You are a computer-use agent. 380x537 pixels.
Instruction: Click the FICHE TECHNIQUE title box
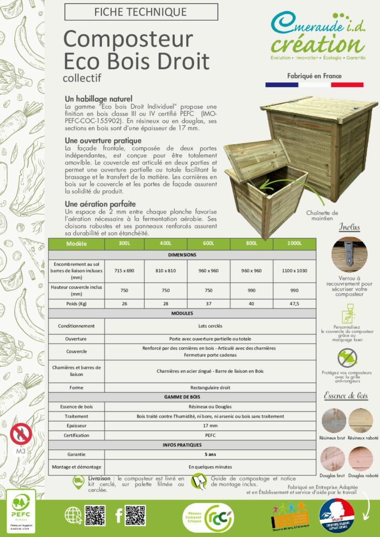tap(140, 12)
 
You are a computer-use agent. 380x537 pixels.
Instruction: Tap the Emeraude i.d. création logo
tap(318, 36)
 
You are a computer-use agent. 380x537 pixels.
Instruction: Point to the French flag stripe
tap(314, 84)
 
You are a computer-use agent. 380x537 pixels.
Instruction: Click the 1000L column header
tap(294, 244)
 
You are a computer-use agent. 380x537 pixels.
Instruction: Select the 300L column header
tap(125, 244)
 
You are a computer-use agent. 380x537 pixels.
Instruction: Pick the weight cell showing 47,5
tap(294, 303)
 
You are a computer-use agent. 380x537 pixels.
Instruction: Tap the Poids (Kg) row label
tap(76, 303)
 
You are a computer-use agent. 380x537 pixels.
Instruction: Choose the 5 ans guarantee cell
tap(210, 454)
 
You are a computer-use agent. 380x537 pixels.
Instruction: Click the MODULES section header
tap(182, 313)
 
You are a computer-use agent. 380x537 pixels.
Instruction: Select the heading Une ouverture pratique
tap(103, 141)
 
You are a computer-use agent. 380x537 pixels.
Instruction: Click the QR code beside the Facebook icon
tap(135, 515)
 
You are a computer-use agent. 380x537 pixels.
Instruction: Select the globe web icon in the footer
tap(73, 515)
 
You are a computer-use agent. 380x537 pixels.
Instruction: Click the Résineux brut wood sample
tap(334, 421)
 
